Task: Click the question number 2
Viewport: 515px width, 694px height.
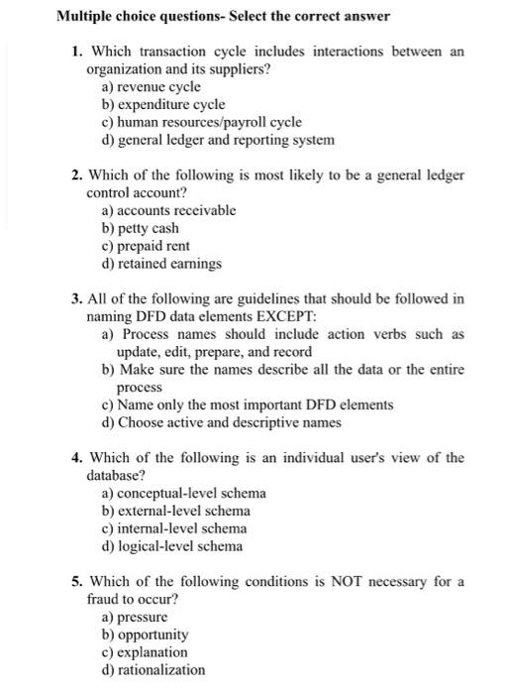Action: pyautogui.click(x=76, y=174)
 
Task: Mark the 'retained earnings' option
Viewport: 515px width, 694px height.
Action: pyautogui.click(x=158, y=263)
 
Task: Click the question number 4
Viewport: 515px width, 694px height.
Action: pyautogui.click(x=76, y=457)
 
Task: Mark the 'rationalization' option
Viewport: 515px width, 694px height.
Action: pyautogui.click(x=154, y=669)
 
